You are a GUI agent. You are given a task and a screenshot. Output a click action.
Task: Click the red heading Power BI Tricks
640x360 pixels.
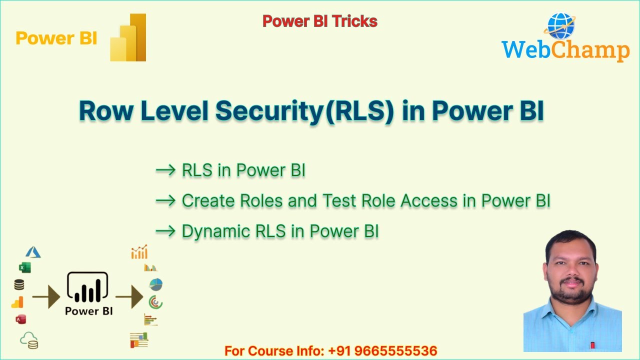319,21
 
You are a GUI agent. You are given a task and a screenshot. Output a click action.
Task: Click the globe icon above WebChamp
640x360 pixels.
561,26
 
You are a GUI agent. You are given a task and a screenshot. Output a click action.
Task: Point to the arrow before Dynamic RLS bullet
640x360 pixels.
165,231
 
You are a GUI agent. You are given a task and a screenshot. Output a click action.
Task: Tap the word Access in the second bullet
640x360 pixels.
429,201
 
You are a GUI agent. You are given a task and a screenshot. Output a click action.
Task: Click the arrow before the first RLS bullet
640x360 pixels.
165,170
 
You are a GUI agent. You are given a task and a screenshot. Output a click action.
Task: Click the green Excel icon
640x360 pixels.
24,268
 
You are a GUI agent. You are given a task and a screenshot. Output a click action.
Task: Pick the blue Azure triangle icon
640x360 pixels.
33,252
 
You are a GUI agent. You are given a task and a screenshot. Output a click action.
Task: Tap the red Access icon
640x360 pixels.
20,319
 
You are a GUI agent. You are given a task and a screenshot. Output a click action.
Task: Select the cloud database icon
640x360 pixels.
29,340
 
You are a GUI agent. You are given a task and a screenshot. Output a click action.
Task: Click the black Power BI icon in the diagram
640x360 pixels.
87,288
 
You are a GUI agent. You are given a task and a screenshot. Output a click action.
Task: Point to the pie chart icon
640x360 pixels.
156,284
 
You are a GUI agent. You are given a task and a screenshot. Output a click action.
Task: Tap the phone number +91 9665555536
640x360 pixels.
382,351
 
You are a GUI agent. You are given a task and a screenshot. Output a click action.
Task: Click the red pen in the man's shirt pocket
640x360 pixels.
592,345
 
